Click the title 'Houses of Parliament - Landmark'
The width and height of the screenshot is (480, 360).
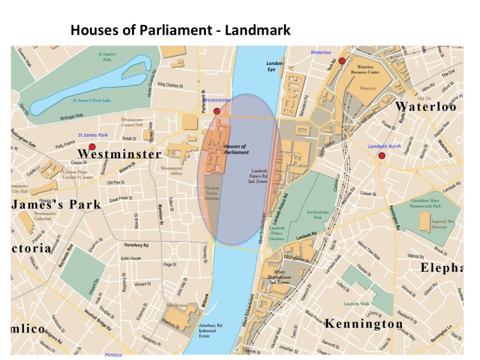click(x=180, y=29)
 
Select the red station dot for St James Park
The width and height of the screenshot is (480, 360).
click(x=92, y=146)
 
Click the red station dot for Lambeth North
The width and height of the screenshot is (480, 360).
click(x=382, y=156)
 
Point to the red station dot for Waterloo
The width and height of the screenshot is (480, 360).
click(x=342, y=61)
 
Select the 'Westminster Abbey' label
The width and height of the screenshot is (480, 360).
click(x=172, y=172)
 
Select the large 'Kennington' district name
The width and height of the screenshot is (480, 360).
click(x=364, y=324)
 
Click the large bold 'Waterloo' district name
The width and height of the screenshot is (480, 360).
click(x=425, y=107)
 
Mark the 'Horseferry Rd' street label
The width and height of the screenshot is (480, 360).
click(x=136, y=246)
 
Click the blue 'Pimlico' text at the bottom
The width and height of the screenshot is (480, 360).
click(x=113, y=355)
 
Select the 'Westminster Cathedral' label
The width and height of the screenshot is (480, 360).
click(x=45, y=217)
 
